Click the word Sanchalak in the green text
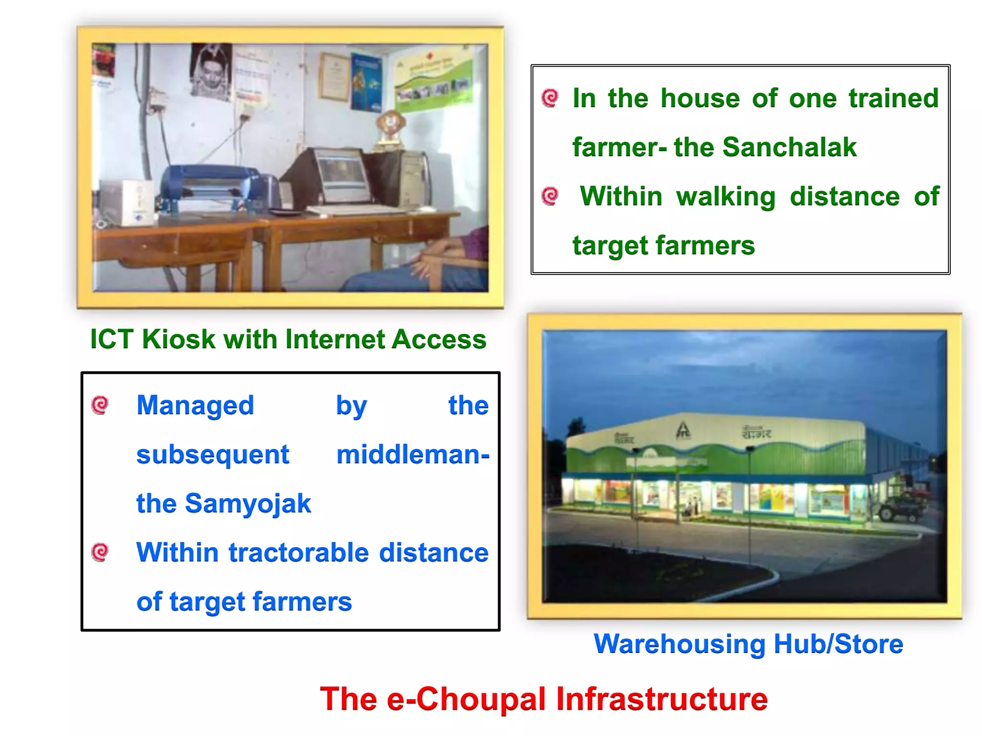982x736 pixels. point(789,147)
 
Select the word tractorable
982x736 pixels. point(298,552)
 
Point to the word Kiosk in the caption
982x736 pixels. point(178,339)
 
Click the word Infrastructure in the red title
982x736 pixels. point(662,699)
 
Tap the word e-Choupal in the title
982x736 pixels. point(466,699)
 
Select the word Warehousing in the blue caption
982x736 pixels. point(679,644)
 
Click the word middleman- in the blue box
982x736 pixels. point(412,455)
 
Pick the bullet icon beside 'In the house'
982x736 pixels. point(550,98)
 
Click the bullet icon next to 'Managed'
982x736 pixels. point(100,405)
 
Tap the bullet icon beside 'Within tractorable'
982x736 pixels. point(100,552)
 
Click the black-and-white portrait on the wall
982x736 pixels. point(211,72)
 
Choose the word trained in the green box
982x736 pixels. point(893,98)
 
